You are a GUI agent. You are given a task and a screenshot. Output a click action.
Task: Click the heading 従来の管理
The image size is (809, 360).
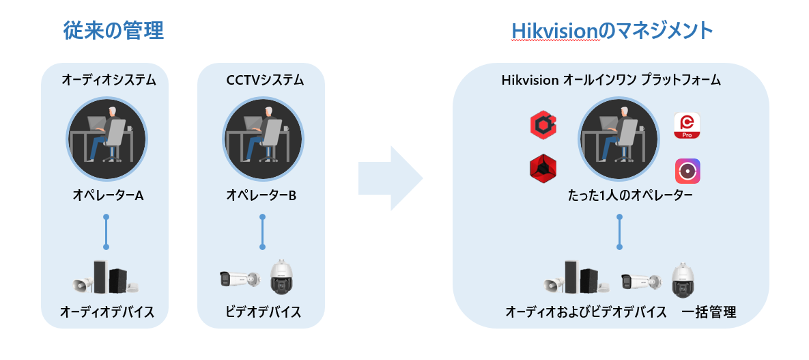click(x=113, y=31)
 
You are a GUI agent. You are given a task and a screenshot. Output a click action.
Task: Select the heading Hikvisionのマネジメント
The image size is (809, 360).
click(x=612, y=31)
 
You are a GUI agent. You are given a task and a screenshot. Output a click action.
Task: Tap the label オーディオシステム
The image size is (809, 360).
click(x=109, y=81)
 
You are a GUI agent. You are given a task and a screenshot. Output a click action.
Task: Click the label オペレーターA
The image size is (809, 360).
click(x=108, y=195)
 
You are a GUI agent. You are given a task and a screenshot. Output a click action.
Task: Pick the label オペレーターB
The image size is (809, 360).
click(x=261, y=195)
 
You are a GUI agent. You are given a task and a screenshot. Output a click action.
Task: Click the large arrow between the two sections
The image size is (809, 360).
click(x=390, y=178)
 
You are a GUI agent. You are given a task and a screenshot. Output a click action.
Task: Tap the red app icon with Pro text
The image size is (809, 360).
click(x=687, y=126)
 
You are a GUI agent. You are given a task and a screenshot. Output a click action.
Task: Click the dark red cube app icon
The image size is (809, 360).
click(x=543, y=169)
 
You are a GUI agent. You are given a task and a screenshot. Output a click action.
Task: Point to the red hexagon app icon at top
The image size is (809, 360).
click(x=543, y=125)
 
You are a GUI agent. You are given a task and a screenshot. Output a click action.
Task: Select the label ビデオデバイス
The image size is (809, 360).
click(x=263, y=312)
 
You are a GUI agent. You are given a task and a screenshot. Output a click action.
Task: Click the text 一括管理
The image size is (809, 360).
click(x=709, y=313)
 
